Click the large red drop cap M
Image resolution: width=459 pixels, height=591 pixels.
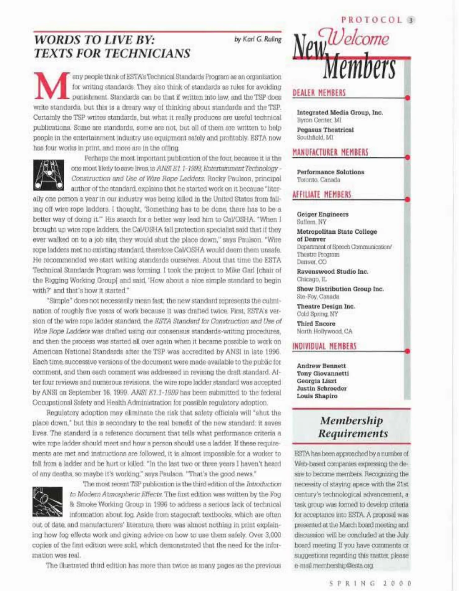(x=51, y=86)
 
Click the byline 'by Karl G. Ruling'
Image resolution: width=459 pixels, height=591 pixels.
(x=258, y=39)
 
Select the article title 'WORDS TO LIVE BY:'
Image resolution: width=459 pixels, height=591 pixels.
(x=94, y=40)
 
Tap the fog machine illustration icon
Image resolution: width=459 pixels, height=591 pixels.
(x=47, y=501)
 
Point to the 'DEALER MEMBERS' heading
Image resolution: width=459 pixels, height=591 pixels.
(x=319, y=93)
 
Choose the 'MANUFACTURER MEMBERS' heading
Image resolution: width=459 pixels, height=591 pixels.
(x=330, y=152)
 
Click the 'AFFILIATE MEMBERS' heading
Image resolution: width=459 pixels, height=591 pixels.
(x=322, y=194)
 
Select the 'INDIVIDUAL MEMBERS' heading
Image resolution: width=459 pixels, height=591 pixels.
(x=324, y=346)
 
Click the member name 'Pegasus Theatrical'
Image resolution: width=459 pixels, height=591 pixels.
(x=325, y=130)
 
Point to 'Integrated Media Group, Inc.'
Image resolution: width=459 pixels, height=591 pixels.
(x=340, y=112)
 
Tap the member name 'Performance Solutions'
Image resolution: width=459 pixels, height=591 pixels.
(x=330, y=172)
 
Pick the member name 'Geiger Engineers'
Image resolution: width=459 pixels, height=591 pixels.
(x=322, y=214)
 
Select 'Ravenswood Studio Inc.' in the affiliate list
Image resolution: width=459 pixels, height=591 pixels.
(x=332, y=272)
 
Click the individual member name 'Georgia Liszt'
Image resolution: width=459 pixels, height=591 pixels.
(x=317, y=381)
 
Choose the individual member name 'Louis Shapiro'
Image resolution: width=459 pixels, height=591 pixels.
(x=317, y=396)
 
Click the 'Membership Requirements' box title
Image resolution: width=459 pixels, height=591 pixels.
(x=352, y=427)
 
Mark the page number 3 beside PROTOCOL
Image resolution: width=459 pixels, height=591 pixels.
(x=411, y=20)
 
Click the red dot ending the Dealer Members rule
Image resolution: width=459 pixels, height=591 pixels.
(x=408, y=98)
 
